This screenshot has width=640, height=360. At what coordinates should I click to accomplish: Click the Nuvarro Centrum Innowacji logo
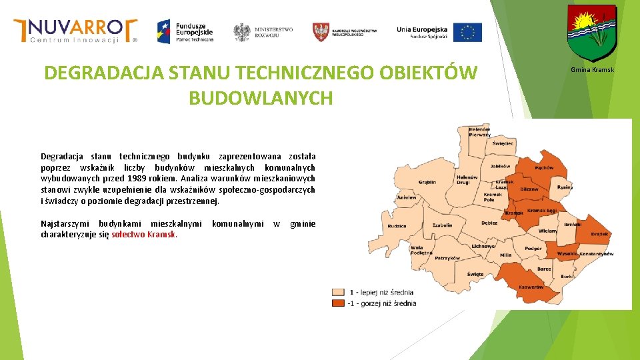[x=75, y=31]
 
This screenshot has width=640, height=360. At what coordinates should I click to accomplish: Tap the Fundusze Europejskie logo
[x=185, y=31]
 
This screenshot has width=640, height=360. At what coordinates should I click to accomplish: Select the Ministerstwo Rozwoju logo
[x=263, y=31]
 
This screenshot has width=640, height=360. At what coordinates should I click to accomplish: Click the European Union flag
[x=467, y=32]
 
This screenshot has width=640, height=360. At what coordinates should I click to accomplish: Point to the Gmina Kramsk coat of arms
[x=591, y=33]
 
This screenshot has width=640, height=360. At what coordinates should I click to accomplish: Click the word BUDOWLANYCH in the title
[x=261, y=98]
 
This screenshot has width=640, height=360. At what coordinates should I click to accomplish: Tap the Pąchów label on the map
[x=544, y=167]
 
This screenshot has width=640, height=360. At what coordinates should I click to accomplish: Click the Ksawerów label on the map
[x=531, y=287]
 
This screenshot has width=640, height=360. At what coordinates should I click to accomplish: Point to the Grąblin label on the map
[x=427, y=182]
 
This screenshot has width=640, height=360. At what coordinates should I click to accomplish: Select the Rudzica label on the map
[x=397, y=225]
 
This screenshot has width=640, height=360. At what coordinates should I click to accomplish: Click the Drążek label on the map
[x=599, y=234]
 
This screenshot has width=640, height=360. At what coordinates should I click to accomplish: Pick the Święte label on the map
[x=475, y=274]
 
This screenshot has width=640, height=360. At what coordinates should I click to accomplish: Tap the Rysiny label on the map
[x=565, y=187]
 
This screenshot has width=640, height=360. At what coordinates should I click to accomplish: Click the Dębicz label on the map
[x=489, y=223]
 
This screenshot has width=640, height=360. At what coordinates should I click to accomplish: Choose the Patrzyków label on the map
[x=447, y=257]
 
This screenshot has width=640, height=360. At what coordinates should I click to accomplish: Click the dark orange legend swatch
[x=339, y=303]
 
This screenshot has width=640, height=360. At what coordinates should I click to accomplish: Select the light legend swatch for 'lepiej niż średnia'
[x=339, y=292]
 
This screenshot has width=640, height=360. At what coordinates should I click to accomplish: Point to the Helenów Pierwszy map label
[x=479, y=131]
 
